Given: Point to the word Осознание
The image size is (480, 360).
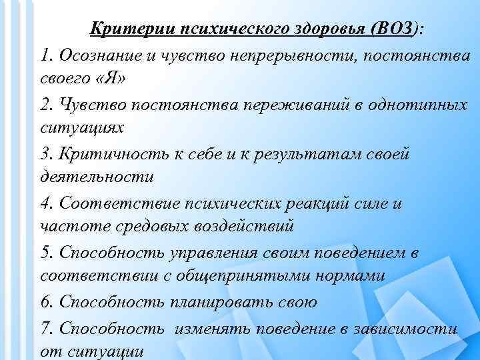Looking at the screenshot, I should tap(97, 55).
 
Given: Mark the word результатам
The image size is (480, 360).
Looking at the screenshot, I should tap(313, 153).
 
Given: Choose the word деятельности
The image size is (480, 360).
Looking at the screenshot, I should tap(97, 178).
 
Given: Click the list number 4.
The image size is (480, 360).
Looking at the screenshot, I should tap(45, 203).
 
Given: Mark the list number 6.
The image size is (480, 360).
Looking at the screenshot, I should tap(45, 301).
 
